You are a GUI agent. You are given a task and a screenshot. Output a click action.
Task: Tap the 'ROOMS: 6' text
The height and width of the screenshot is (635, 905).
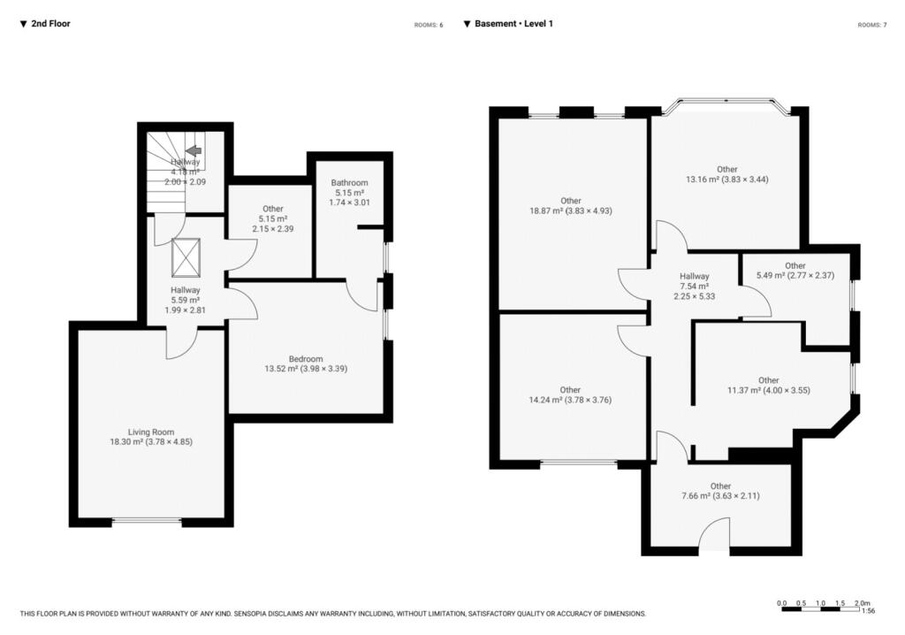coord(429,25)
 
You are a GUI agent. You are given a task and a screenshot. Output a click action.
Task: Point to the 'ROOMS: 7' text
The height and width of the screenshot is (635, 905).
coord(871,25)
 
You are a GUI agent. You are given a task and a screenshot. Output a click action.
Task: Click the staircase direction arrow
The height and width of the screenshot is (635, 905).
coord(194,151)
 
